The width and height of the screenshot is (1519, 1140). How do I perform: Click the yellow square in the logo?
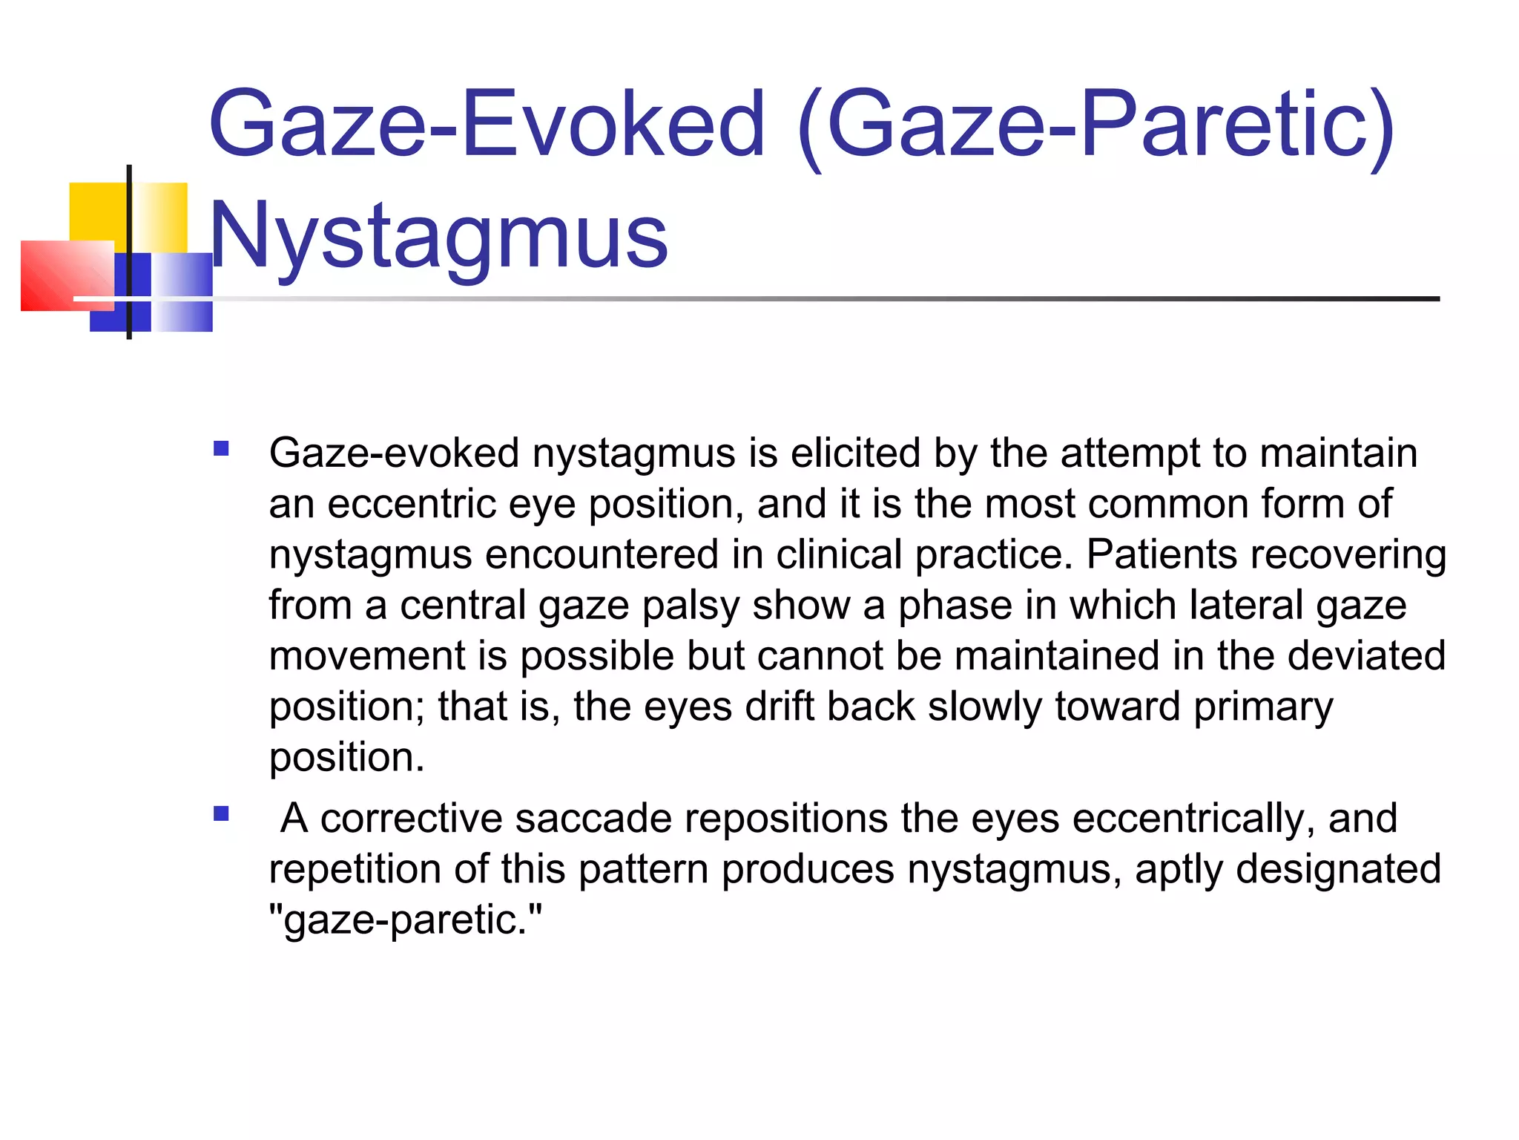[x=100, y=212]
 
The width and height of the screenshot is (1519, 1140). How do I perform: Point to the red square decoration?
[x=67, y=275]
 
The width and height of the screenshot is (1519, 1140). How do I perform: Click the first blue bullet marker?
[x=221, y=448]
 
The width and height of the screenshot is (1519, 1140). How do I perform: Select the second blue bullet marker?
[x=221, y=814]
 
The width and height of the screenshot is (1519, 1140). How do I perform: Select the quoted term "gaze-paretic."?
[x=406, y=920]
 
